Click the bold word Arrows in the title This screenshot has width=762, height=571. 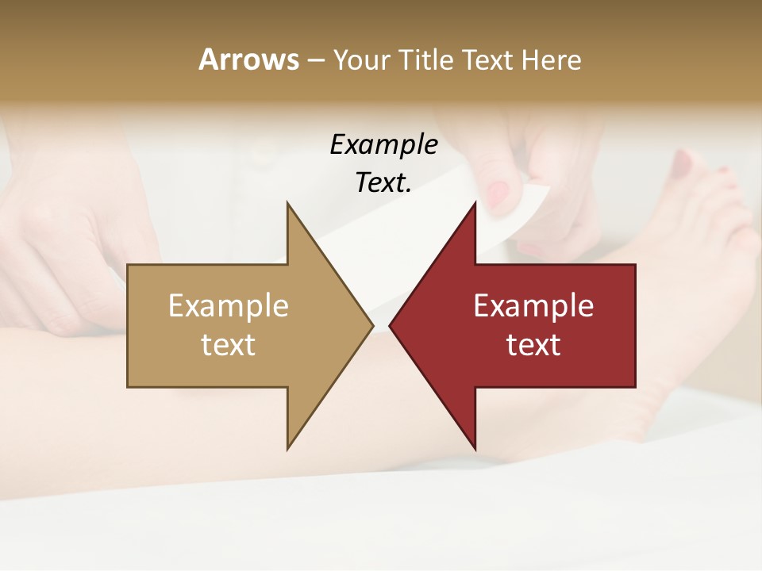(x=248, y=59)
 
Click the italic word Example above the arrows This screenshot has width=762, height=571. (x=383, y=145)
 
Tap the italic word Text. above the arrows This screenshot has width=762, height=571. (x=383, y=183)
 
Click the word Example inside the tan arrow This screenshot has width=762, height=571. (x=229, y=306)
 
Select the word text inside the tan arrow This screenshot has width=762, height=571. (x=229, y=345)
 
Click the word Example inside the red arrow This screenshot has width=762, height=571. (x=533, y=306)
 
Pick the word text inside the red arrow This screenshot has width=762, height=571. (x=533, y=345)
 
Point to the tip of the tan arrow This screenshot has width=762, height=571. (x=373, y=325)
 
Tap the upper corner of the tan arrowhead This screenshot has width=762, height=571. (x=287, y=202)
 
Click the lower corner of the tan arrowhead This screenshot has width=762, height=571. (x=287, y=449)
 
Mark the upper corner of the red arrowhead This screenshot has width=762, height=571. (x=475, y=202)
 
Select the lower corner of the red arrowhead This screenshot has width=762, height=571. (x=475, y=449)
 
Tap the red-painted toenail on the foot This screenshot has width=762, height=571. (x=683, y=163)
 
